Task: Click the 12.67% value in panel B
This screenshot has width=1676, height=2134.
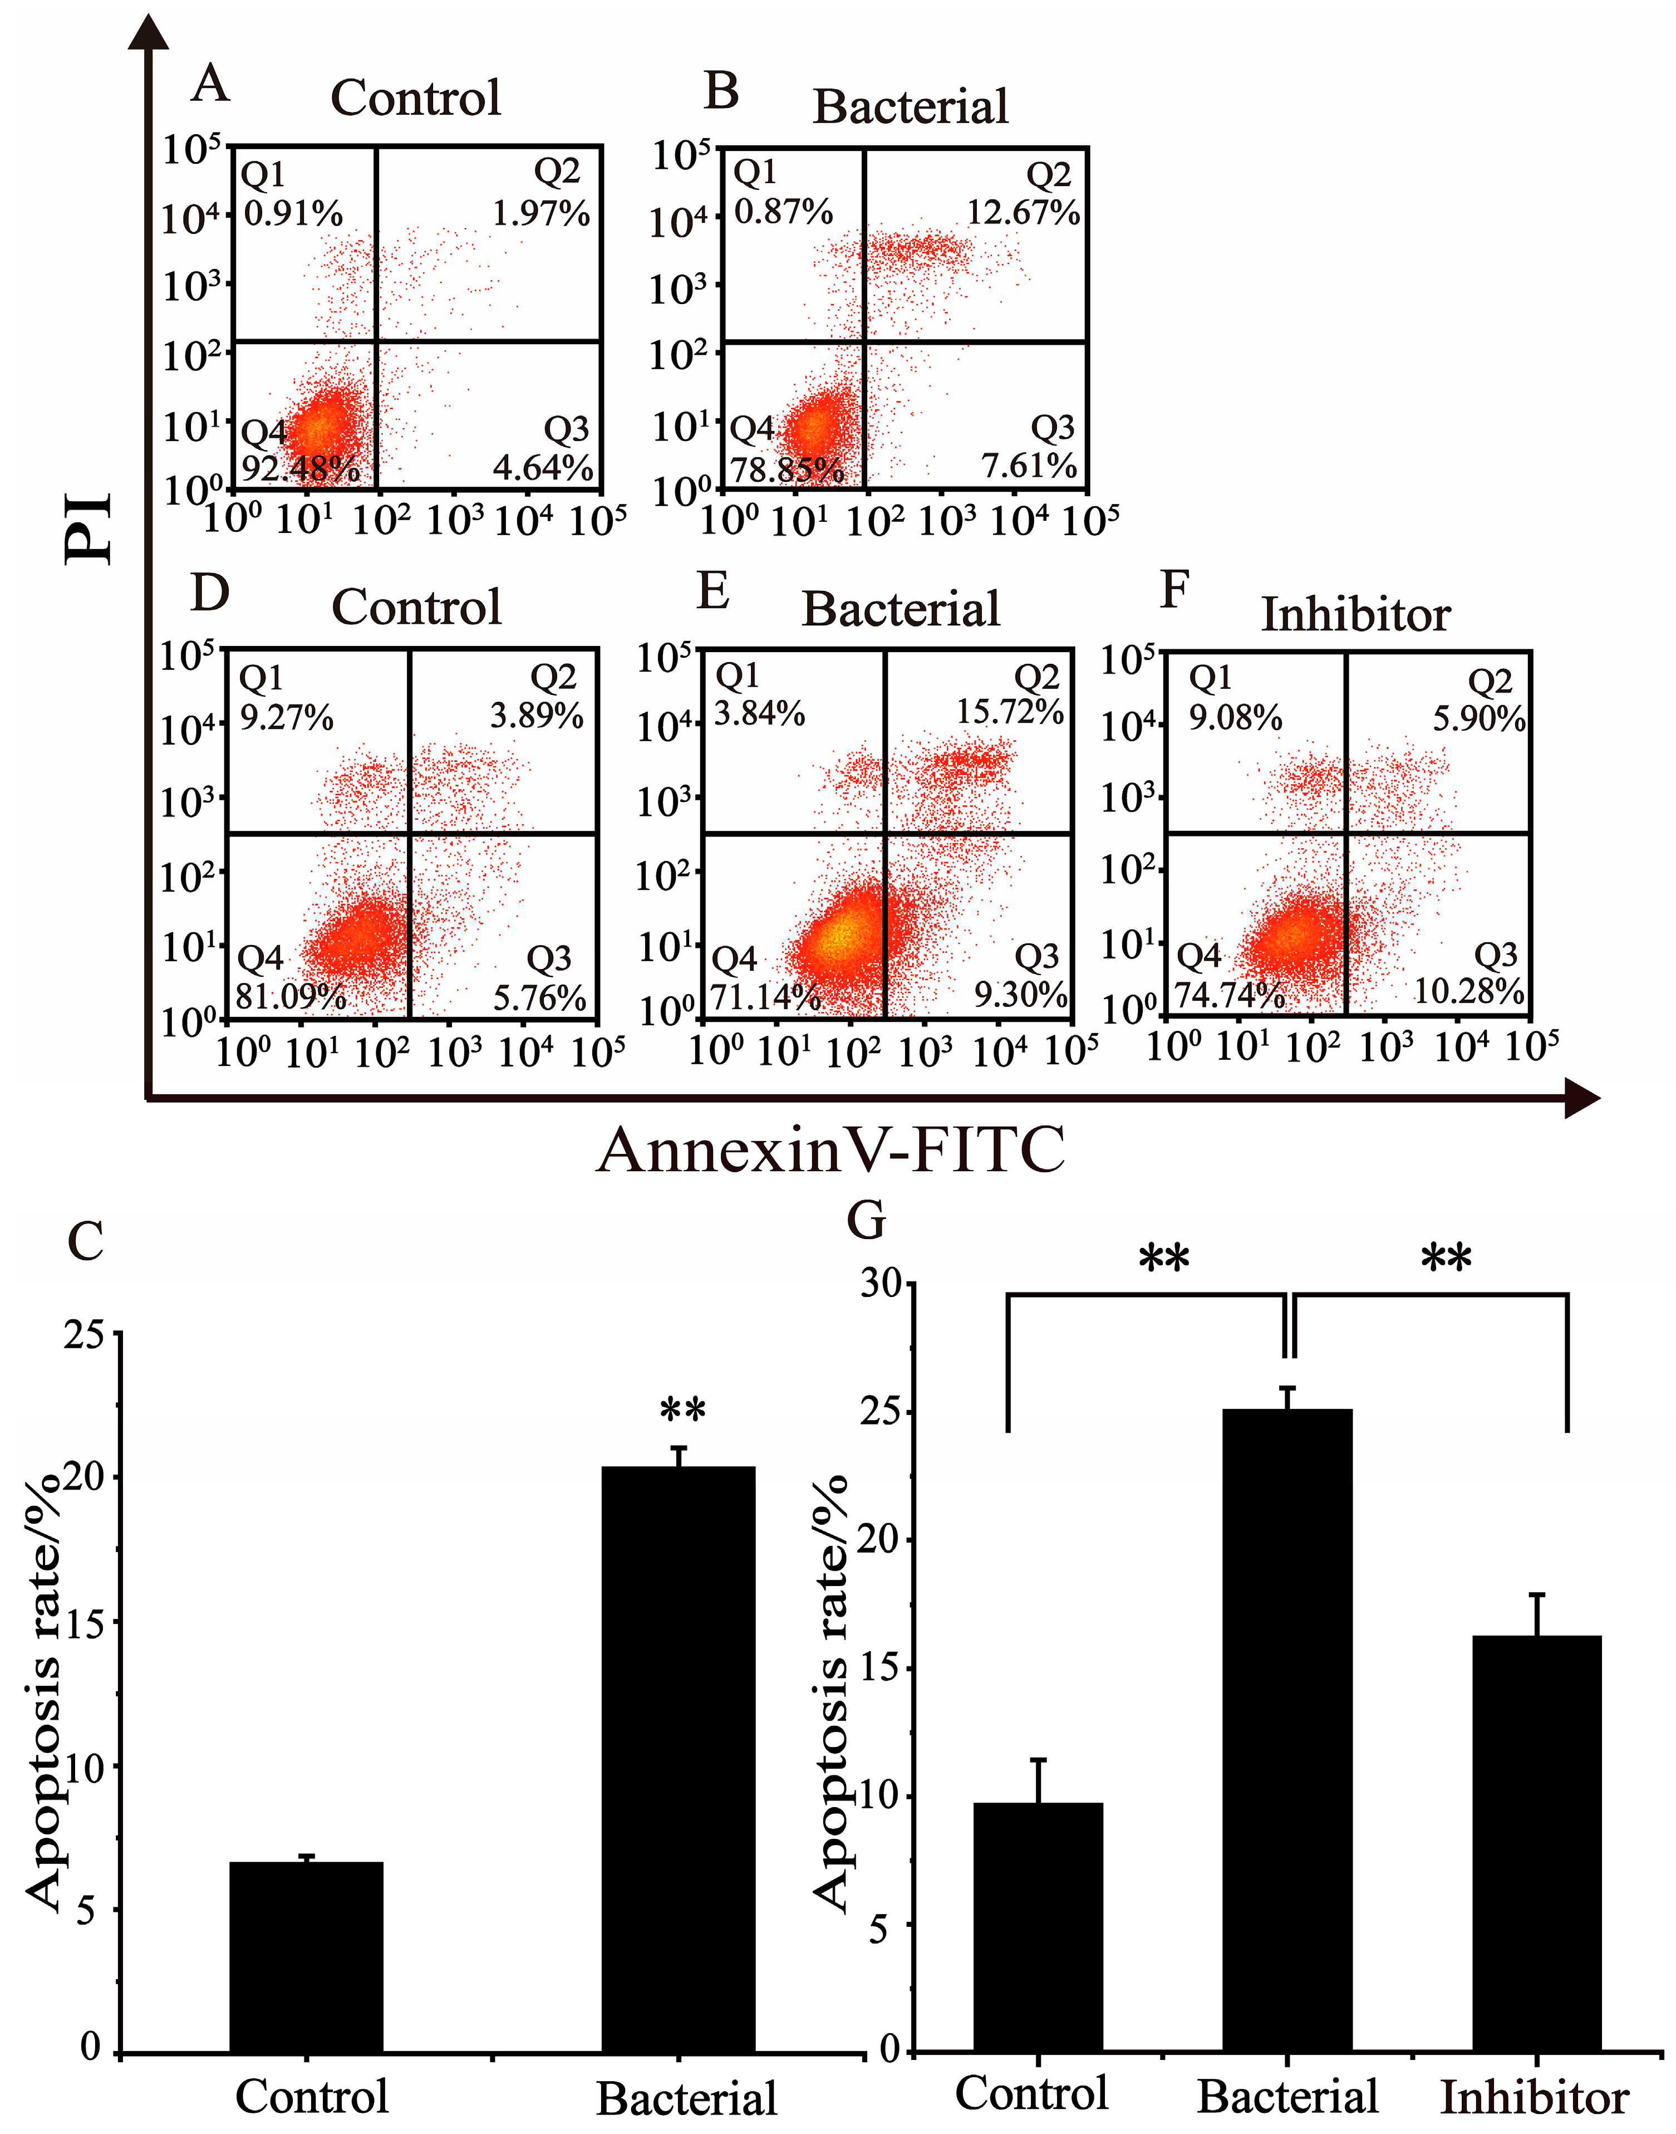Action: tap(1024, 213)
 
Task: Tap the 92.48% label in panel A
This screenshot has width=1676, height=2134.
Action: tap(300, 469)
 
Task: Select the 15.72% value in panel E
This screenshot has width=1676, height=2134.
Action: tap(1010, 713)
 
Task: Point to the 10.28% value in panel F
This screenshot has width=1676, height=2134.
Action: tap(1469, 991)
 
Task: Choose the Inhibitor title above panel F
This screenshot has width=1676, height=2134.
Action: tap(1355, 615)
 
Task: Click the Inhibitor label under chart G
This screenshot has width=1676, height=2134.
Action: tap(1534, 2098)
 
